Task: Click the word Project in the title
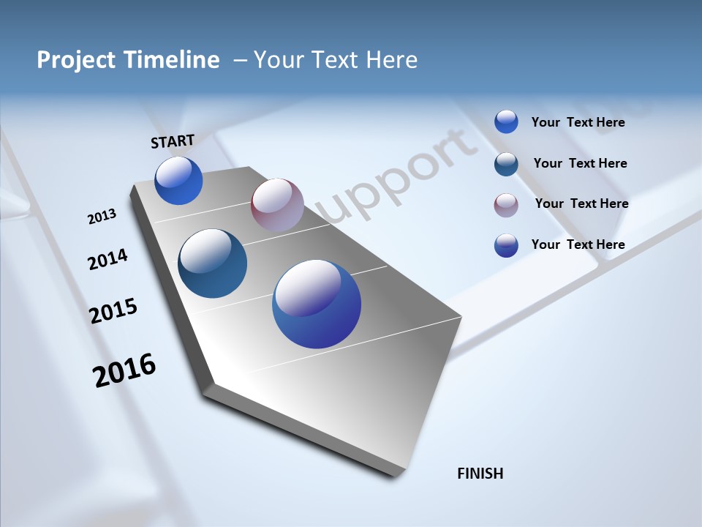76,60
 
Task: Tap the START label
173,141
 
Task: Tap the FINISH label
480,474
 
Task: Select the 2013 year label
102,217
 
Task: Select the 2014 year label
107,259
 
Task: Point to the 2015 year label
113,311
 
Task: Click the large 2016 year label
124,370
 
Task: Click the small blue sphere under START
178,181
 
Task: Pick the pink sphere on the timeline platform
277,205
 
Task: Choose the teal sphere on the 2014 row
212,263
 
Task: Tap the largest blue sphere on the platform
317,304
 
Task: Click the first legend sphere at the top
506,122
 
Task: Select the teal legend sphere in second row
506,164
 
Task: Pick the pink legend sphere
506,205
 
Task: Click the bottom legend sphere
506,245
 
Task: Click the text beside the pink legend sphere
581,203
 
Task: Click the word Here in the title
391,60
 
